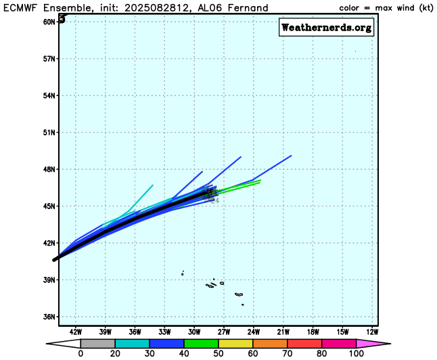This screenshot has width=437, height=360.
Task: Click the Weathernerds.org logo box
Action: (x=326, y=28)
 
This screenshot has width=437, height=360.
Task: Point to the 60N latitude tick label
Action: (x=49, y=22)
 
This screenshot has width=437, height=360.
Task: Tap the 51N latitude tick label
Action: (x=49, y=132)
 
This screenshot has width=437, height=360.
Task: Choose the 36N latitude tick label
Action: (x=49, y=317)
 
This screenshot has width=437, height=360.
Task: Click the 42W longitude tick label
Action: (x=75, y=332)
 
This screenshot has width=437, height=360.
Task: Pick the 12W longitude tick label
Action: (x=372, y=332)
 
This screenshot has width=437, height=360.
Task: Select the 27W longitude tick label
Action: (x=224, y=332)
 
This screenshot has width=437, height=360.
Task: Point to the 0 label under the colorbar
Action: (x=80, y=354)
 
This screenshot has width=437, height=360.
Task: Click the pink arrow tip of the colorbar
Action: (x=379, y=344)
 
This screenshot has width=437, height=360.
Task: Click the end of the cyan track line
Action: (x=153, y=185)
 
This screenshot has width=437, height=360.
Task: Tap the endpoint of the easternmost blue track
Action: (x=291, y=156)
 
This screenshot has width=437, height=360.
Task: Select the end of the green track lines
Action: (x=260, y=181)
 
